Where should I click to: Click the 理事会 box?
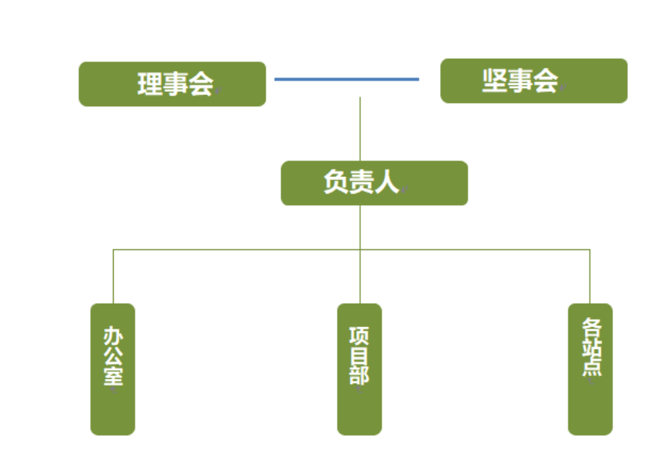pyautogui.click(x=172, y=84)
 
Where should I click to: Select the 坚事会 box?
pyautogui.click(x=533, y=81)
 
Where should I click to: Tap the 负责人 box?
pyautogui.click(x=374, y=183)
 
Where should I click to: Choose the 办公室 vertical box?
pyautogui.click(x=113, y=368)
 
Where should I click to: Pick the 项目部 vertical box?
pyautogui.click(x=359, y=368)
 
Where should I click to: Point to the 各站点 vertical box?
pyautogui.click(x=589, y=368)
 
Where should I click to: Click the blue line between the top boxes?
pyautogui.click(x=346, y=78)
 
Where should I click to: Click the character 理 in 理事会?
pyautogui.click(x=150, y=84)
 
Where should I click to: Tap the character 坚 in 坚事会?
pyautogui.click(x=495, y=81)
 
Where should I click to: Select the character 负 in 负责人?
pyautogui.click(x=336, y=182)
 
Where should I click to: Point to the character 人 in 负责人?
pyautogui.click(x=387, y=182)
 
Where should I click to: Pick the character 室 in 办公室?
pyautogui.click(x=113, y=374)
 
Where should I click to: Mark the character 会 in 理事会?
pyautogui.click(x=201, y=84)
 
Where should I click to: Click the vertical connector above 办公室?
pyautogui.click(x=113, y=276)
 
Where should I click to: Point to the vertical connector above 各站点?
pyautogui.click(x=589, y=276)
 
